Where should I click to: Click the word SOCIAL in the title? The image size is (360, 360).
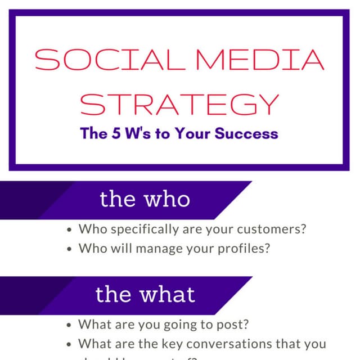pyautogui.click(x=96, y=61)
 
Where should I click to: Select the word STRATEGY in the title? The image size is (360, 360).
pyautogui.click(x=179, y=104)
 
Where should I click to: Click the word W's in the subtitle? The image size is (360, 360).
pyautogui.click(x=135, y=134)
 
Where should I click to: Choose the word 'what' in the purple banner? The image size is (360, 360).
pyautogui.click(x=166, y=294)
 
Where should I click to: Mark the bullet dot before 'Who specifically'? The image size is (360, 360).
pyautogui.click(x=69, y=230)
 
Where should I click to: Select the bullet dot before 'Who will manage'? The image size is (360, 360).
pyautogui.click(x=69, y=248)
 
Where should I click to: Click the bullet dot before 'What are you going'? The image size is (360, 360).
pyautogui.click(x=69, y=326)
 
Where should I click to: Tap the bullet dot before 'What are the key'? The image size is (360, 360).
pyautogui.click(x=69, y=344)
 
